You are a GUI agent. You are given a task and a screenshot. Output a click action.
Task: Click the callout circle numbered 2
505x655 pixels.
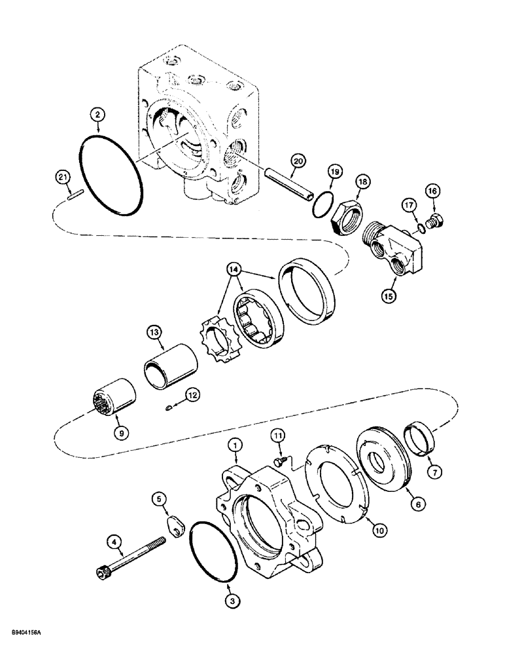coord(97,115)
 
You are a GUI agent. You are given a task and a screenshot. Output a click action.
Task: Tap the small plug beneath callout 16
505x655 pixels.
coord(432,223)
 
